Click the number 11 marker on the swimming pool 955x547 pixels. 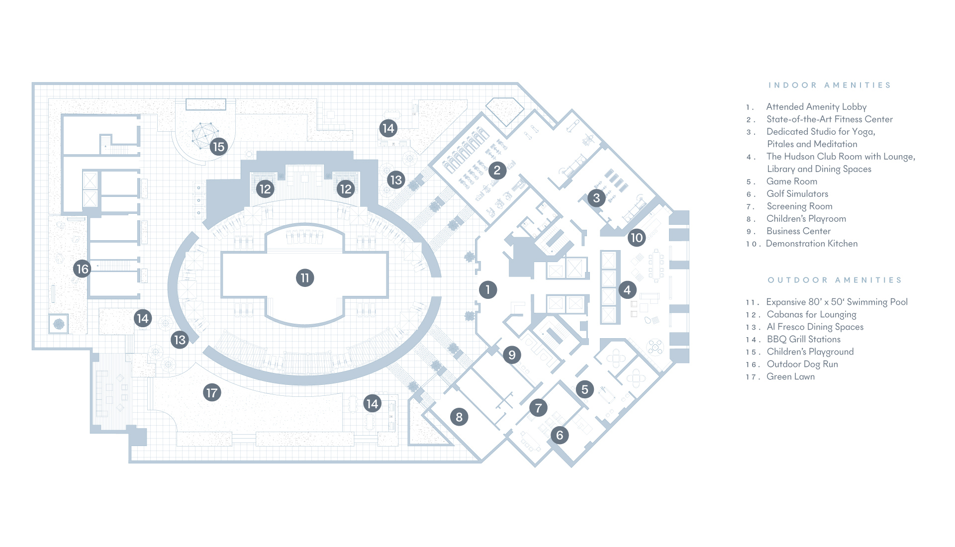(305, 277)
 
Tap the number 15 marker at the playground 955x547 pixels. (218, 147)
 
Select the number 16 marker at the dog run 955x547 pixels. (82, 269)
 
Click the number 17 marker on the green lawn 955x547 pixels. (212, 392)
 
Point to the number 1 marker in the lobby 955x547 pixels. (488, 289)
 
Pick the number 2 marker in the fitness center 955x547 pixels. (497, 171)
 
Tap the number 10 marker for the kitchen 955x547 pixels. (637, 237)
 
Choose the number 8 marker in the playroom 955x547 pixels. (459, 417)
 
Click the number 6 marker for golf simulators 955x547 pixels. (560, 435)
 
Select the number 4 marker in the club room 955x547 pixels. (627, 290)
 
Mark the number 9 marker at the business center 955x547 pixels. (512, 355)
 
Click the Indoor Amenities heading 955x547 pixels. (829, 85)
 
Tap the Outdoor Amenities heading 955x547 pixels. (835, 280)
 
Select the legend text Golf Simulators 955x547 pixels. (797, 194)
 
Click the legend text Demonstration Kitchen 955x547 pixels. (812, 244)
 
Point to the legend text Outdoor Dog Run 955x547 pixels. (802, 364)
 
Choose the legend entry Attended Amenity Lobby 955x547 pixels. (816, 107)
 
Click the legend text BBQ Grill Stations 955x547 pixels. (804, 339)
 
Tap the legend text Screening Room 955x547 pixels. (799, 206)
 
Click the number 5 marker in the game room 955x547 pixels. (585, 389)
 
